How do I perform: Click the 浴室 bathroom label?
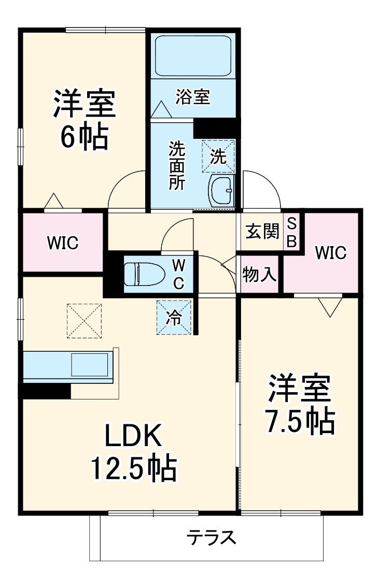192,97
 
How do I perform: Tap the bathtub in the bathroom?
193,56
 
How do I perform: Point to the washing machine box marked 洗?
218,156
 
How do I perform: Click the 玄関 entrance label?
262,232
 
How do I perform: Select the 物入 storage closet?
259,274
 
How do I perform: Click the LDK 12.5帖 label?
134,453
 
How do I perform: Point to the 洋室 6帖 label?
83,120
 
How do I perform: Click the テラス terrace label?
212,538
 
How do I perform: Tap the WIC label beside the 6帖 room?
62,242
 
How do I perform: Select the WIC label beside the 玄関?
330,253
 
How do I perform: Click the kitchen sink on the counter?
89,365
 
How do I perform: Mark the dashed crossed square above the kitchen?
84,321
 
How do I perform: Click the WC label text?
178,274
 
